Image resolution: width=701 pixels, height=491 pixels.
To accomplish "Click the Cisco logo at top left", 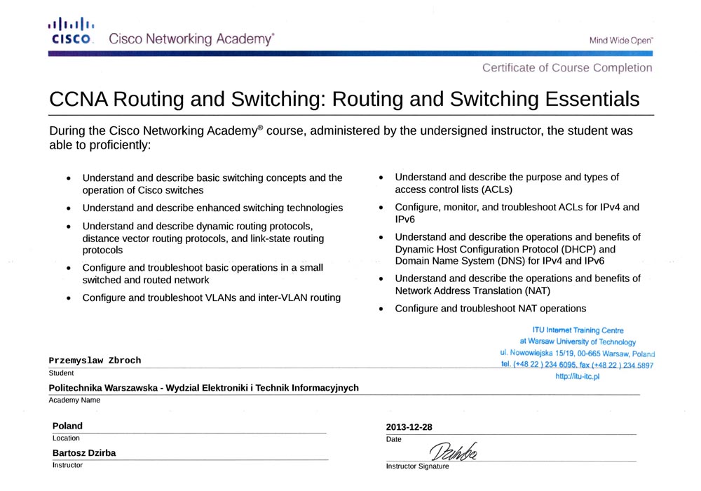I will [70, 32].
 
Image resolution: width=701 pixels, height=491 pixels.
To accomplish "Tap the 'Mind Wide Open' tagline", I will [621, 41].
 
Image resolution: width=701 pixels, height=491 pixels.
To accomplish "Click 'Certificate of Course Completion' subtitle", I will [567, 68].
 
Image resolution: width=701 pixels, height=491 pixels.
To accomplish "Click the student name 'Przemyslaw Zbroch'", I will [95, 361].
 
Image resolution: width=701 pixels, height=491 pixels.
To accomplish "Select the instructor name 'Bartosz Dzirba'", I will [84, 453].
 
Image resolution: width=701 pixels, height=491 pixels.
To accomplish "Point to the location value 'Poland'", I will [67, 426].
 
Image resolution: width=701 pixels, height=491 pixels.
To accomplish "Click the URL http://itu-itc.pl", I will [578, 377].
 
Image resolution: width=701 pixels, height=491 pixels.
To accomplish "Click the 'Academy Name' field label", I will [74, 401].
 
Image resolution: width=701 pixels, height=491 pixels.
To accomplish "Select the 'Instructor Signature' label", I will [417, 466].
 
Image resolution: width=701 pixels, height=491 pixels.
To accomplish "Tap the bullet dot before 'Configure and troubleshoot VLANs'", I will [68, 298].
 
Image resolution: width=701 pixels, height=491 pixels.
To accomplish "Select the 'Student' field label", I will [61, 373].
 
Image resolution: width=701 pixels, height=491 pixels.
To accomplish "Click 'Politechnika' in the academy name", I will [77, 388].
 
